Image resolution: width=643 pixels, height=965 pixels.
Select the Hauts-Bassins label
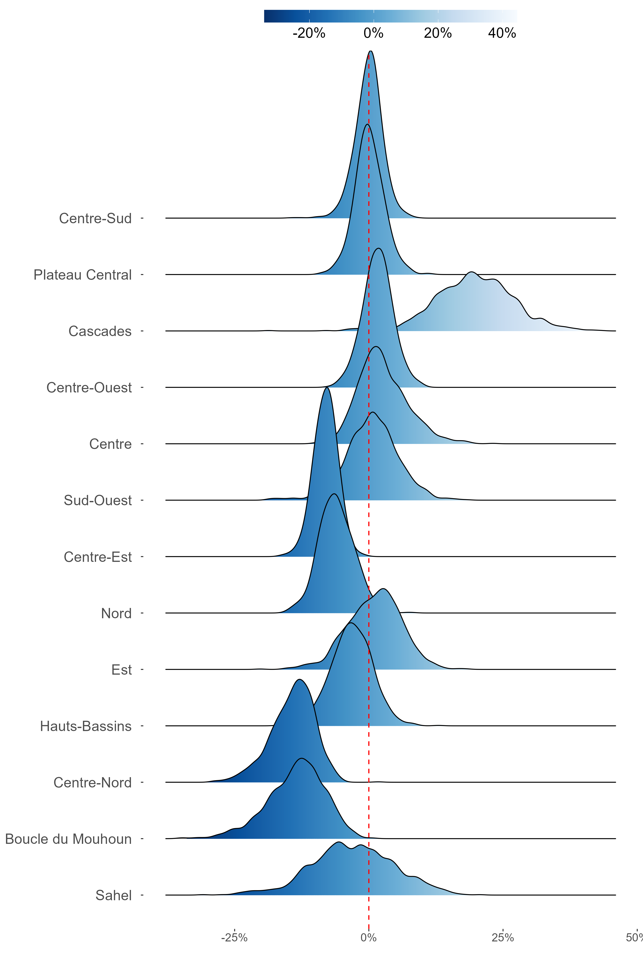click(86, 726)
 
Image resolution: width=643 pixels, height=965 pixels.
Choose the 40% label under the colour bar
click(502, 33)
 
